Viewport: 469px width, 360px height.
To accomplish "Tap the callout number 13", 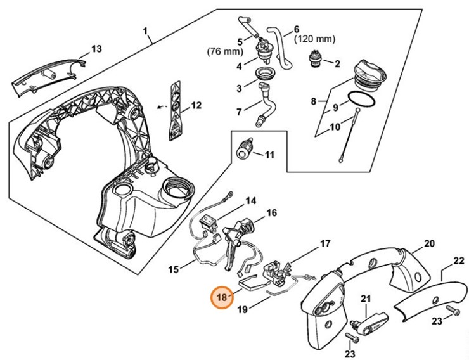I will [x=96, y=49].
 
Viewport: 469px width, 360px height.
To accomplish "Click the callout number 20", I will [x=429, y=243].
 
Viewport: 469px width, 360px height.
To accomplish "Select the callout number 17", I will [x=324, y=243].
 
